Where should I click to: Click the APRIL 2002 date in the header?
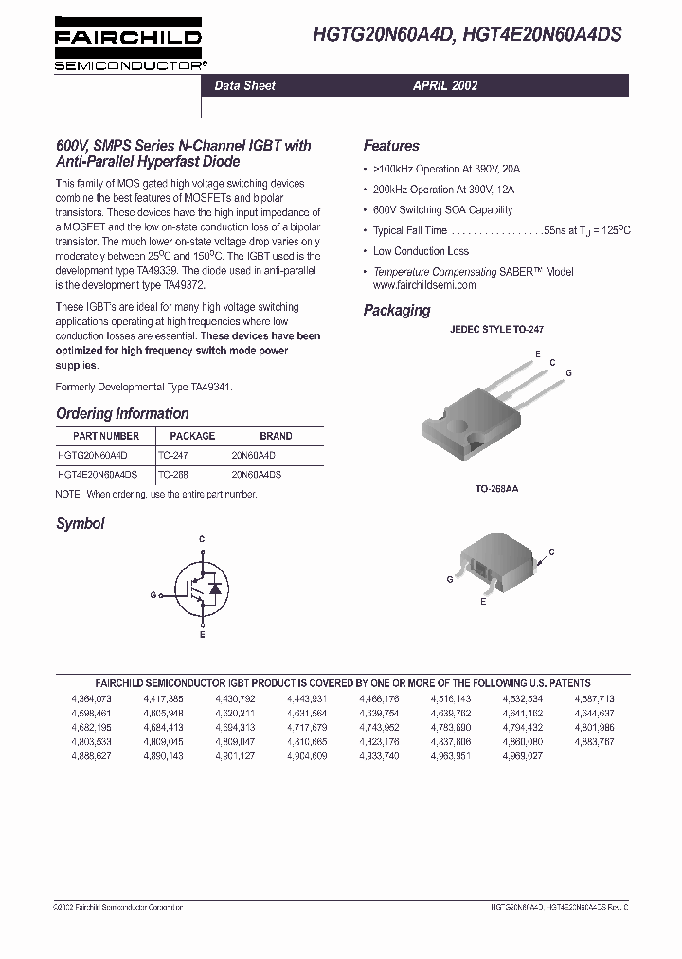(444, 85)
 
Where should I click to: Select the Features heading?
(390, 146)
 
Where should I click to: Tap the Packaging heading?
(396, 310)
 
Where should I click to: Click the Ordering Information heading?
(122, 413)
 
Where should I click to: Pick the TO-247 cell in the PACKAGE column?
(173, 455)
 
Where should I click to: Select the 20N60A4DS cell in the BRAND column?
(260, 474)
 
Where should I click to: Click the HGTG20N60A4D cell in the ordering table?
(99, 455)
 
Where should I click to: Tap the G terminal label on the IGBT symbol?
(152, 595)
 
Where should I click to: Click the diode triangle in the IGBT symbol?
(214, 589)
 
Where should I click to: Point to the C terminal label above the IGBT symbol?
(201, 538)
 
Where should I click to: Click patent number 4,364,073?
(90, 698)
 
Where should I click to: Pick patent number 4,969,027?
(522, 755)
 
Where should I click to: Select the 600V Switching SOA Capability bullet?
(442, 209)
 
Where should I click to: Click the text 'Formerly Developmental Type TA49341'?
(144, 387)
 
